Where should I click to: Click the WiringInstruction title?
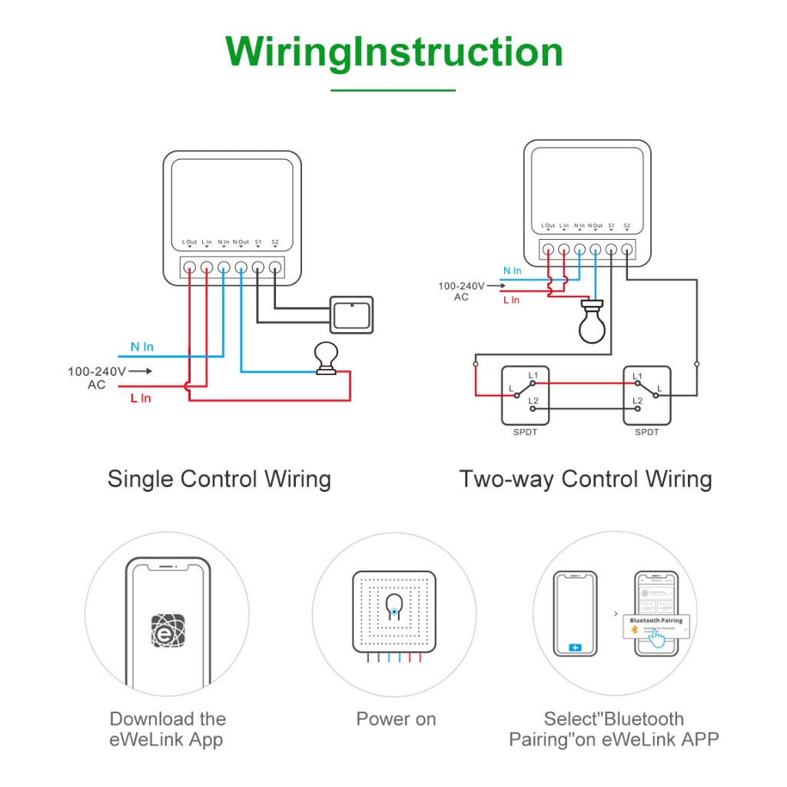click(x=393, y=52)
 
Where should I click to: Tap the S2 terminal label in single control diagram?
click(x=275, y=242)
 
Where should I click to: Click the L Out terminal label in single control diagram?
click(x=189, y=242)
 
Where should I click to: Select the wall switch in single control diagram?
click(x=351, y=315)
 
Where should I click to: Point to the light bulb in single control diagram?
click(x=327, y=358)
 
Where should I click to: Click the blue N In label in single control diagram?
click(x=141, y=347)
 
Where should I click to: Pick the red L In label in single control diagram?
click(x=141, y=398)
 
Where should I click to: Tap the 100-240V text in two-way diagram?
click(x=462, y=286)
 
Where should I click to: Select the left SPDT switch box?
click(x=525, y=395)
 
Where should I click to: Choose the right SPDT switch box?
click(x=647, y=395)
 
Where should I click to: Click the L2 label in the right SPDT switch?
click(x=637, y=401)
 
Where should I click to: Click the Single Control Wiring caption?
click(x=219, y=479)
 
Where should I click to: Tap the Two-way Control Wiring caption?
click(x=586, y=479)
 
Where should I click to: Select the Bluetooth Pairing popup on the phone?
click(x=656, y=624)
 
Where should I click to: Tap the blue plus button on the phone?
click(x=576, y=648)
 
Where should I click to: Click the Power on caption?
click(x=396, y=719)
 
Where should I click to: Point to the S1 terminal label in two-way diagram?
click(x=611, y=226)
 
